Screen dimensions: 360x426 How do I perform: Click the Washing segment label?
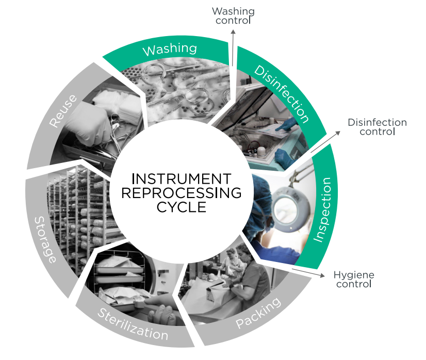coord(169,50)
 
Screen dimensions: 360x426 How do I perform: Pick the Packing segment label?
coord(259,313)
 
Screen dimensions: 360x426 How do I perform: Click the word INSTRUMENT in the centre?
coord(181,179)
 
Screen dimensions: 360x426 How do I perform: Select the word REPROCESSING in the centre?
coord(181,193)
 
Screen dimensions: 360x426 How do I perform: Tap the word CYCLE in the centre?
coord(181,207)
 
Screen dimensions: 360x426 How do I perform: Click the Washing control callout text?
coord(233,16)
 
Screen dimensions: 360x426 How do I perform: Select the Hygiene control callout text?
coord(354,279)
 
